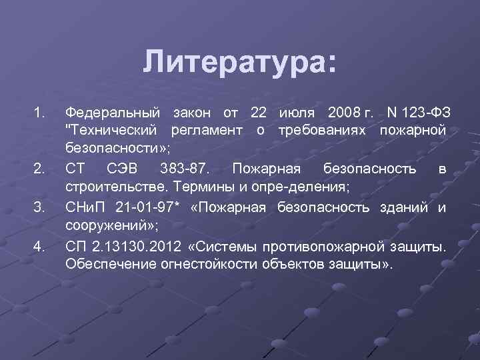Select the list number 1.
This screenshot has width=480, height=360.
coord(39,110)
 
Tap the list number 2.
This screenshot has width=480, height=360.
coord(39,168)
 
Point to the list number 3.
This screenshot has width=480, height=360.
coord(39,207)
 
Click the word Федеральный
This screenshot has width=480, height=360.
coord(113,110)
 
